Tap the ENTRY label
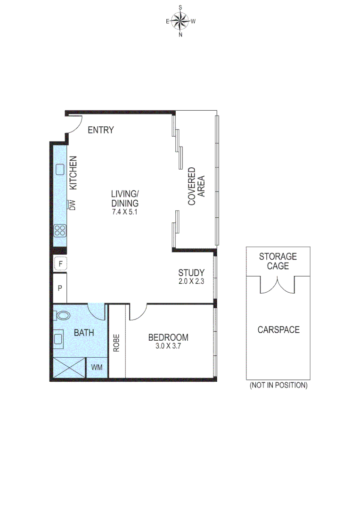[101, 130]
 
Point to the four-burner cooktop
[60, 230]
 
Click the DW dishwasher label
[72, 205]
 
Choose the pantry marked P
[60, 288]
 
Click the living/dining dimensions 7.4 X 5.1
[125, 212]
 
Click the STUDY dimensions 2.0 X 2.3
[191, 282]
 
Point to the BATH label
[84, 333]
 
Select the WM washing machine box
[97, 367]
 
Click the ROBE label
[116, 343]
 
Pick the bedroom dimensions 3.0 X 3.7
[168, 346]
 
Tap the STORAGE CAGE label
[278, 261]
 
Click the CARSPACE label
[278, 329]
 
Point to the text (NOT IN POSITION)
[278, 386]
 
